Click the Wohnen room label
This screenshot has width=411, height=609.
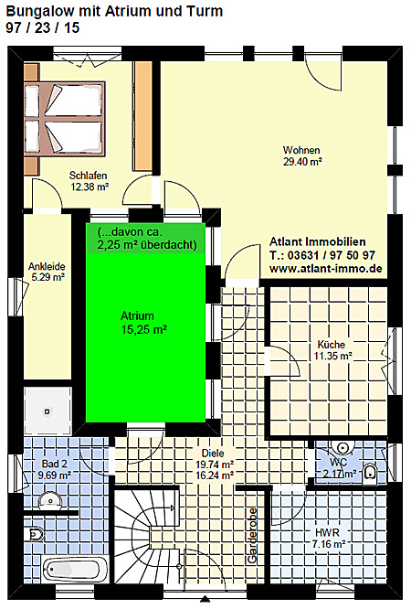(301, 150)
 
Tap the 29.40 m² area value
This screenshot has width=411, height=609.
(302, 162)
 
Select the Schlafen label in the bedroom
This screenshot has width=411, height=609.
(88, 176)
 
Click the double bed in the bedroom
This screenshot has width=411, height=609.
(65, 119)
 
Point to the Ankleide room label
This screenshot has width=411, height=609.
(47, 266)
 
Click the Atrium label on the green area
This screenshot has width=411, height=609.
(137, 315)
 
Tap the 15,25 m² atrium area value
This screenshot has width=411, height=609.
(144, 330)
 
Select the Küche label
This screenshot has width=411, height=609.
(331, 345)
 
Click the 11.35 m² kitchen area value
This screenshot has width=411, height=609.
(332, 356)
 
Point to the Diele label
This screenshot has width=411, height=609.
(213, 454)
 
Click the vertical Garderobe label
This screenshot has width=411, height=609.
(252, 536)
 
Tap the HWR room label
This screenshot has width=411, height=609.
(327, 533)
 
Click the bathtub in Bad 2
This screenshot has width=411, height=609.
(76, 569)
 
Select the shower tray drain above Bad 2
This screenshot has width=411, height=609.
(47, 411)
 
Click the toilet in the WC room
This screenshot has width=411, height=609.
(370, 474)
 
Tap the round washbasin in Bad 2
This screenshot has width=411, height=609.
(50, 500)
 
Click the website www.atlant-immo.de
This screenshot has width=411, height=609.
(326, 268)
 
